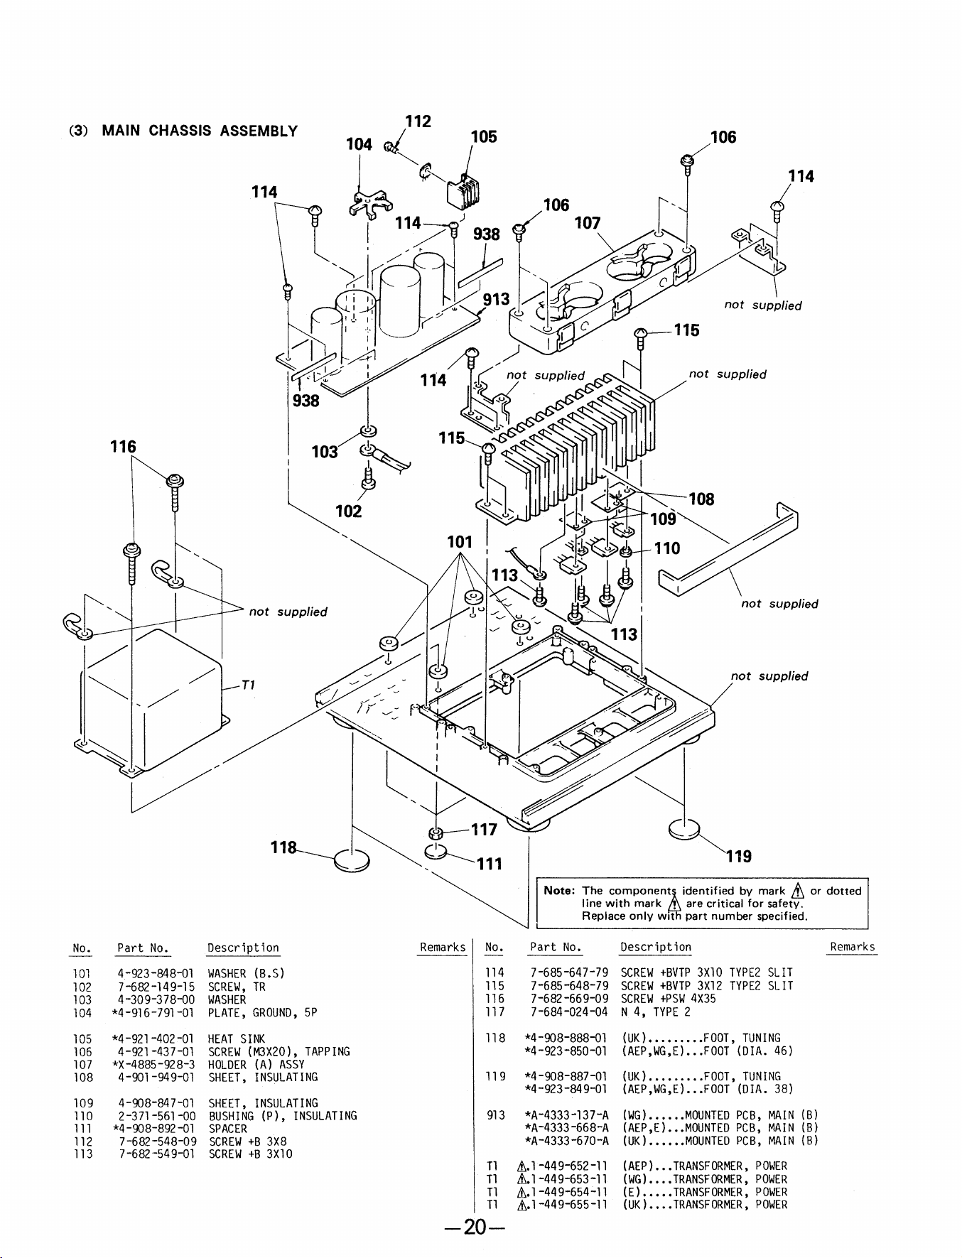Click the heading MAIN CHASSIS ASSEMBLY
tap(200, 131)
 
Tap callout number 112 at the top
tap(418, 121)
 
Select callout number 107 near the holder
tap(588, 223)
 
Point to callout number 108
tap(701, 499)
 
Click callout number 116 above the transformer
tap(123, 447)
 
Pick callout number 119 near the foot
tap(739, 856)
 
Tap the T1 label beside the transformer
tap(249, 685)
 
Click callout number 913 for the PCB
tap(496, 299)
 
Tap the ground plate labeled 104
tap(371, 203)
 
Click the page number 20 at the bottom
tap(473, 1227)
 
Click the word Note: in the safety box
tap(560, 891)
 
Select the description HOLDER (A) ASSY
tap(256, 1064)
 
